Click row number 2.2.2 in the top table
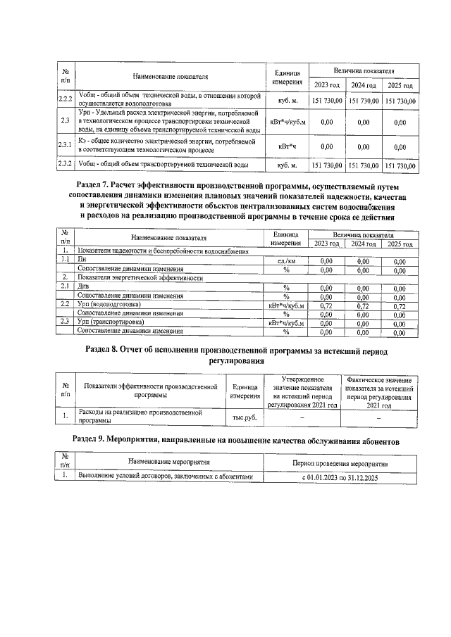(66, 100)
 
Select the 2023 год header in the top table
(327, 85)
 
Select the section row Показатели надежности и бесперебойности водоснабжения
(163, 251)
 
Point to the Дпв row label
(83, 286)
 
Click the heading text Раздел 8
(106, 350)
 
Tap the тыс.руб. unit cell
(244, 417)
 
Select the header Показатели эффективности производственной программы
(150, 391)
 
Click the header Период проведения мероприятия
(340, 461)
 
